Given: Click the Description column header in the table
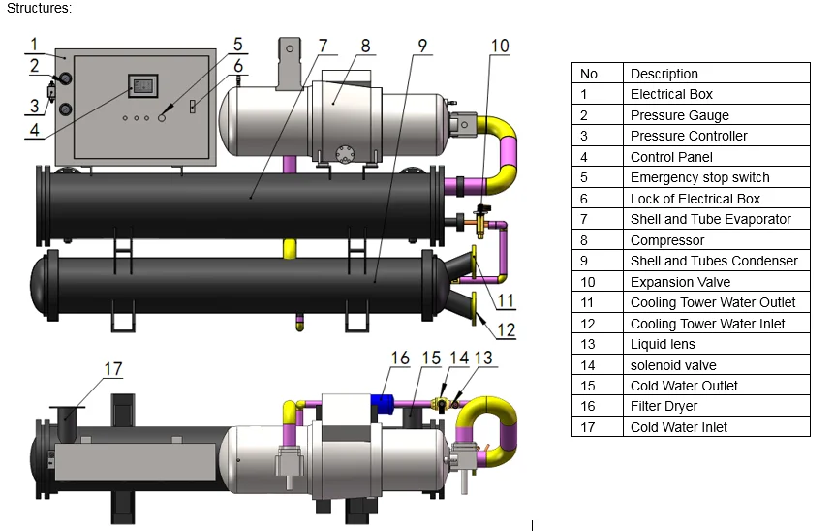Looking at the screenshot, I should point(664,74).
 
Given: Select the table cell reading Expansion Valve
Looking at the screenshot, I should point(680,282).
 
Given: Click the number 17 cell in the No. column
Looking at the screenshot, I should point(587,427).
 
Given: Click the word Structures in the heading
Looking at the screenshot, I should point(37,8).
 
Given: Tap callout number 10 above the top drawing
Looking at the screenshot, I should point(499,45).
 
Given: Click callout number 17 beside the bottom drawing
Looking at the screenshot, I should point(113,368).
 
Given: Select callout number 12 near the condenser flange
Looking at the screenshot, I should point(506,329).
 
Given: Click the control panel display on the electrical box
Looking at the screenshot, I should point(142,85).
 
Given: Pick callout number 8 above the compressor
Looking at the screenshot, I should point(365,46).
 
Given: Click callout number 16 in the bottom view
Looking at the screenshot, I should point(400,359).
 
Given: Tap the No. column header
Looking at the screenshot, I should point(590,74).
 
